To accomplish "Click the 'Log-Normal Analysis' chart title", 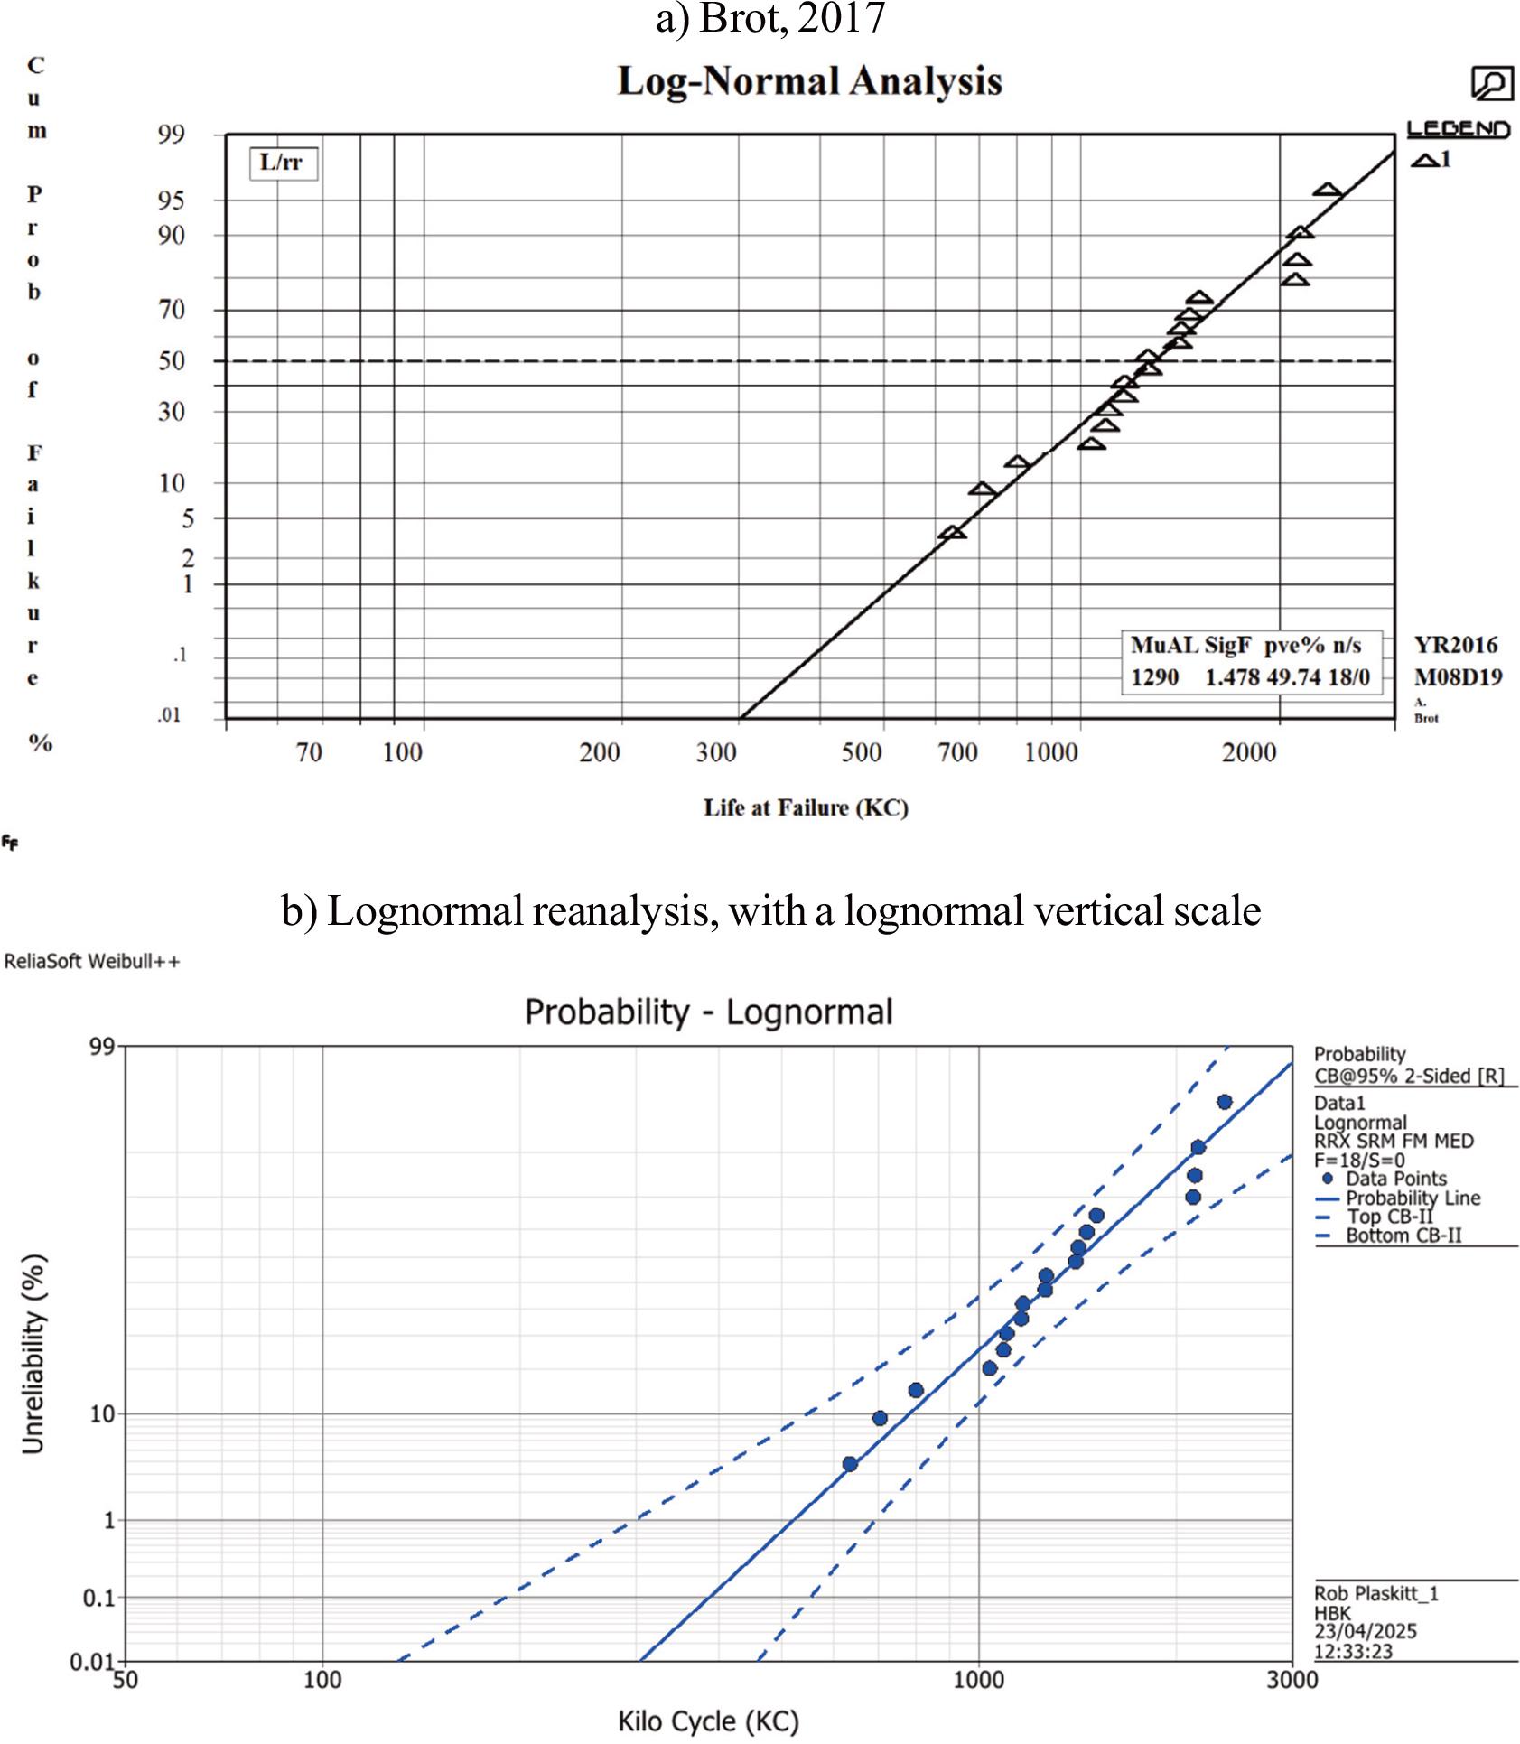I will tap(809, 81).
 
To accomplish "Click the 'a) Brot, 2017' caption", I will tap(770, 19).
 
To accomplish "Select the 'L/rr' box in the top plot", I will tap(283, 164).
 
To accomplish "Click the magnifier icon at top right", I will tap(1491, 84).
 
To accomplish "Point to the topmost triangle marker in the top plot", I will tap(1327, 191).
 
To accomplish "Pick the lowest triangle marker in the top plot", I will tap(952, 534).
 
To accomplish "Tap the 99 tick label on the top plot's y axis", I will tap(171, 135).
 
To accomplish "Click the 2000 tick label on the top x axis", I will tap(1249, 752).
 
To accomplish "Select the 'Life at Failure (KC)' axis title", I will tap(806, 807).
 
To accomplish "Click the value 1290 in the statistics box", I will tap(1154, 677).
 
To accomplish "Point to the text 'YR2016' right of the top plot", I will tap(1456, 645).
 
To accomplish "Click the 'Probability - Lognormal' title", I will tap(709, 1012).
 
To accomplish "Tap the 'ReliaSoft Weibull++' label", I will tap(92, 962).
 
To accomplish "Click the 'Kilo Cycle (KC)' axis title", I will tap(709, 1721).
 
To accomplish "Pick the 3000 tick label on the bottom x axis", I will tap(1292, 1679).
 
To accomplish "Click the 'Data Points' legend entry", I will tap(1395, 1179).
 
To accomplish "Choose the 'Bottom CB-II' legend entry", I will tap(1403, 1236).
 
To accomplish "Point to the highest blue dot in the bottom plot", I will tap(1225, 1102).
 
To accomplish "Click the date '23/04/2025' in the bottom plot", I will tap(1365, 1631).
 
